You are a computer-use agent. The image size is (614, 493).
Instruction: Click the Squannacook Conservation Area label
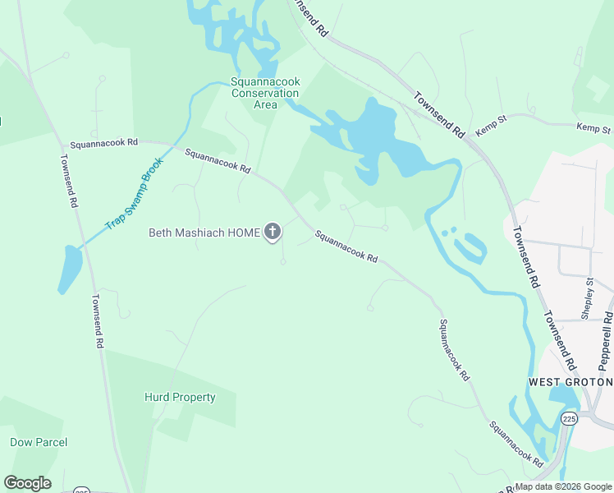(265, 93)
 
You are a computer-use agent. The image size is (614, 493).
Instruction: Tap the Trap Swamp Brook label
(135, 194)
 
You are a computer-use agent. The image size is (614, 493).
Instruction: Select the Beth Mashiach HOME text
(204, 233)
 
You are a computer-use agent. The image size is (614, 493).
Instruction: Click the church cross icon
(273, 233)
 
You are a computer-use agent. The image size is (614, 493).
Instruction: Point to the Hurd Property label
(180, 398)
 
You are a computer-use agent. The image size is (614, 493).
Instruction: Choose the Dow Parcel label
(39, 442)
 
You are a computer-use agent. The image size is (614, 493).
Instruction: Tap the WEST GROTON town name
(570, 382)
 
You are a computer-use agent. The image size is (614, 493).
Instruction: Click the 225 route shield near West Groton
(569, 419)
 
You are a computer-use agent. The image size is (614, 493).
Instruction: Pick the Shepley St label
(588, 299)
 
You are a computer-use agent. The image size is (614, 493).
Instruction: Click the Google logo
(27, 483)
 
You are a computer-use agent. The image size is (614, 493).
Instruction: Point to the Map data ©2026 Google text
(563, 486)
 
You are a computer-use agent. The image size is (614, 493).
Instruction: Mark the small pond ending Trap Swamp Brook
(71, 269)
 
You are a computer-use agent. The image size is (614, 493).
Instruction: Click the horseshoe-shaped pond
(471, 247)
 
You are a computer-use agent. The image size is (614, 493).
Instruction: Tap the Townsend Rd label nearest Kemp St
(440, 114)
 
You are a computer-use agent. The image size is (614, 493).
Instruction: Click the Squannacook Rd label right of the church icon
(346, 246)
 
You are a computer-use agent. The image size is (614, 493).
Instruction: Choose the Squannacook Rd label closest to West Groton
(516, 445)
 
